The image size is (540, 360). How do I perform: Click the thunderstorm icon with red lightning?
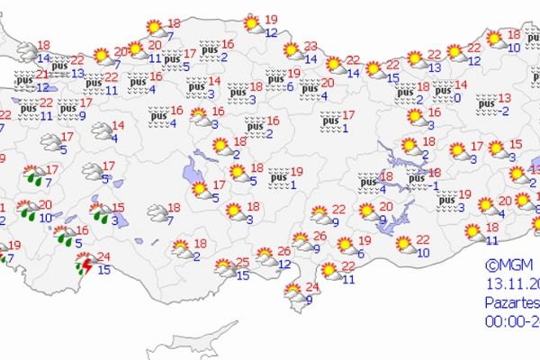point(86,263)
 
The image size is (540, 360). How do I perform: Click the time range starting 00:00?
point(511,320)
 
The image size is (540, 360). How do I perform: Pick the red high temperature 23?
point(311,46)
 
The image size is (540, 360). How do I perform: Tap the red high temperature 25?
point(243,263)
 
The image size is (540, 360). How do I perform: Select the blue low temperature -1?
point(434,185)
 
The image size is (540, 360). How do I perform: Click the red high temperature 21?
point(42,74)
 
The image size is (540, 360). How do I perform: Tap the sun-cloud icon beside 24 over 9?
point(293,292)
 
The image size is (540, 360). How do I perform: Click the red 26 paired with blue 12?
point(284,251)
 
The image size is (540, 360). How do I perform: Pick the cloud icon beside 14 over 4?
point(100,132)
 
